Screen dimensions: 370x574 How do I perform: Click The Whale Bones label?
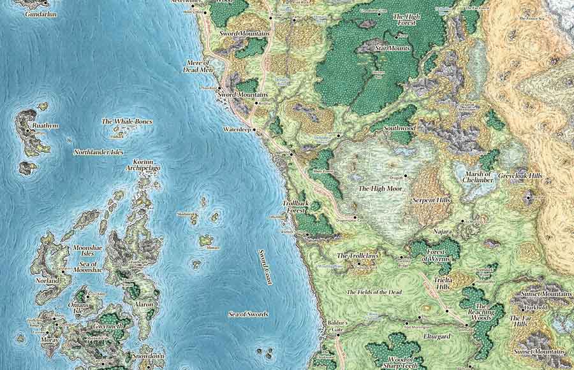pyautogui.click(x=127, y=122)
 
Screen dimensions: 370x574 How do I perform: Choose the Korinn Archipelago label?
pyautogui.click(x=144, y=166)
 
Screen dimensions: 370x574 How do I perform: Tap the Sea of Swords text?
pyautogui.click(x=248, y=315)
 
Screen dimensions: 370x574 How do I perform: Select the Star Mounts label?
pyautogui.click(x=392, y=48)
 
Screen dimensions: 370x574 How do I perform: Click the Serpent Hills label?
pyautogui.click(x=431, y=200)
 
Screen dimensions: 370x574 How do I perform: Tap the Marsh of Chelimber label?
pyautogui.click(x=480, y=177)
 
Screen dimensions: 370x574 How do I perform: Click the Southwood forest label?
pyautogui.click(x=399, y=128)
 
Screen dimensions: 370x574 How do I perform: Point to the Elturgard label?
pyautogui.click(x=436, y=336)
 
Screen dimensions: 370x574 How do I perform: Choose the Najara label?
pyautogui.click(x=442, y=232)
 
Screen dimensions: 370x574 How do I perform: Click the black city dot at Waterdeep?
pyautogui.click(x=254, y=130)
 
